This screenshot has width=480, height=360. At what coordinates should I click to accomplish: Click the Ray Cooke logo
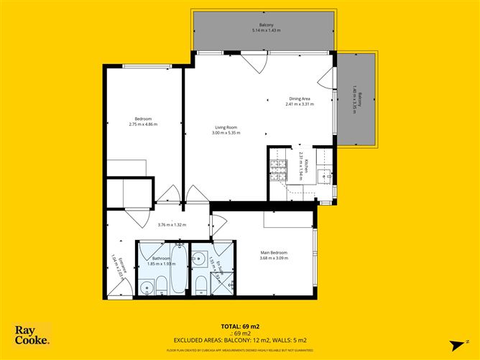32,336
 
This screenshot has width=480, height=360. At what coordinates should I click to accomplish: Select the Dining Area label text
300,99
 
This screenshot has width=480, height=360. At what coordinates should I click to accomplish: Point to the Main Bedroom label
274,253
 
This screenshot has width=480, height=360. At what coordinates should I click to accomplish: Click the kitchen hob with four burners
278,168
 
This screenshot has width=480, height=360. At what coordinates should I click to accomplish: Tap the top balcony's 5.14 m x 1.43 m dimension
267,30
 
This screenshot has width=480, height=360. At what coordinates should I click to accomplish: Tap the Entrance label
114,259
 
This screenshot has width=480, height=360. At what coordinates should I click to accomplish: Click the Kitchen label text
306,167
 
